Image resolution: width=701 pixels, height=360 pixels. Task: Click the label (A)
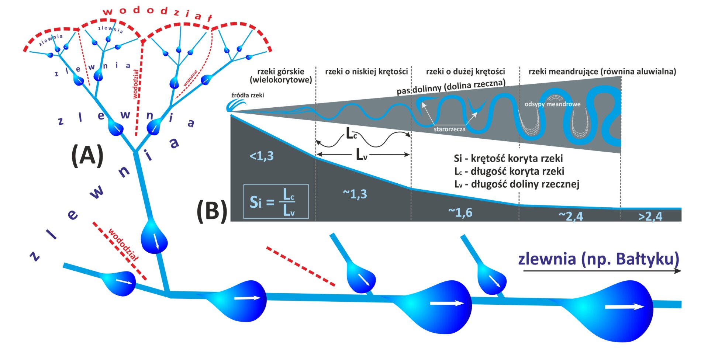(87, 155)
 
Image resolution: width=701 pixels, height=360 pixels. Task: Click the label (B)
(212, 211)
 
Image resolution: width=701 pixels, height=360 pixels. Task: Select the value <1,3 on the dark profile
(262, 156)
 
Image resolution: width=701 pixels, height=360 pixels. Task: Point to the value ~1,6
(460, 212)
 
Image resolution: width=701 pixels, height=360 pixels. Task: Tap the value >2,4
(650, 217)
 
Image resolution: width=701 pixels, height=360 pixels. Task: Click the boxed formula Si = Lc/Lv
(276, 201)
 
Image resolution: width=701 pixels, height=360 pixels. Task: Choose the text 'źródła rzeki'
(248, 95)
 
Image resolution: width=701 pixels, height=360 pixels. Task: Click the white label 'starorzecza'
(449, 129)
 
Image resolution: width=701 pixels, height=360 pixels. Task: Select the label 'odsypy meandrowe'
(552, 104)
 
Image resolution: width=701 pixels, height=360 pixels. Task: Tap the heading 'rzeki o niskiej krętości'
(366, 72)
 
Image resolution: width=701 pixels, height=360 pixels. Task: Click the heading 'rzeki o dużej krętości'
(465, 72)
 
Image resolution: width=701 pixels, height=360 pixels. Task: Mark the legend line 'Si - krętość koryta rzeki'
(508, 159)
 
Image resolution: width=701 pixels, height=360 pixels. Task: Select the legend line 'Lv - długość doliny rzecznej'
(517, 184)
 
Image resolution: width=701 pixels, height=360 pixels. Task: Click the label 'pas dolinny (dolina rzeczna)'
(451, 87)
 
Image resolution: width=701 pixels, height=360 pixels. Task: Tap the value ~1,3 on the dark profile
(355, 194)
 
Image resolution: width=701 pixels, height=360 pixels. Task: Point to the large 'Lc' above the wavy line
(351, 133)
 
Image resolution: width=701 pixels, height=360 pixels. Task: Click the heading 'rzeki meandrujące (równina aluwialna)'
(602, 72)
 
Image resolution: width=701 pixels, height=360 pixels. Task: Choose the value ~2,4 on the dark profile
(571, 216)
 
